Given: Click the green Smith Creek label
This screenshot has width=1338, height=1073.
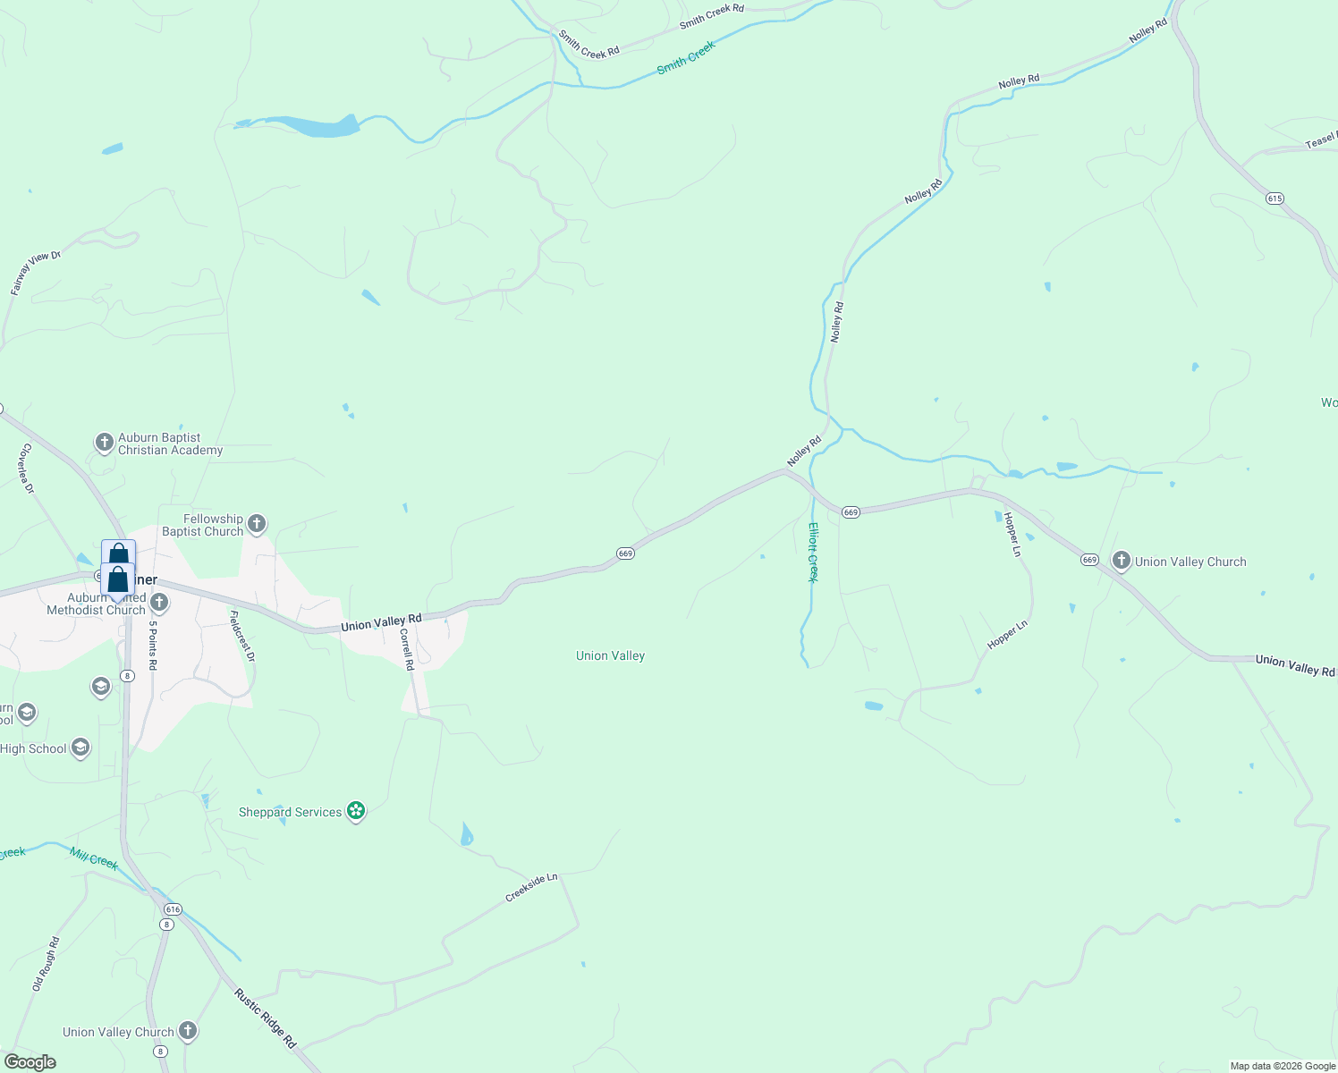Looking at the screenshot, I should click(x=686, y=57).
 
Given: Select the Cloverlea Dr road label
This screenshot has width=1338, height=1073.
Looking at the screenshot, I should click(x=27, y=469).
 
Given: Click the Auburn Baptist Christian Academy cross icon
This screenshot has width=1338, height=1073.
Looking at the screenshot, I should click(x=105, y=443).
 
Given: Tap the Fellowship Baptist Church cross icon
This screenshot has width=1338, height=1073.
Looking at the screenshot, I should click(x=257, y=524).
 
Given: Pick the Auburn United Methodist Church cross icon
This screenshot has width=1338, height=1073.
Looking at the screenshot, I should click(x=159, y=603).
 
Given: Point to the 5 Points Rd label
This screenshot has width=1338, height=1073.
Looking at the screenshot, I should click(x=153, y=646).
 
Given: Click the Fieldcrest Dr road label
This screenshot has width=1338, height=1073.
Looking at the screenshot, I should click(x=242, y=636).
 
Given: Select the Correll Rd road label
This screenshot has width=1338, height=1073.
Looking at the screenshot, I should click(x=407, y=649).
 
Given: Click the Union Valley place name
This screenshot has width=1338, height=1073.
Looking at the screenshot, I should click(x=610, y=655).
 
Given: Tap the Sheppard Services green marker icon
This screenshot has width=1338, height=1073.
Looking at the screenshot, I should click(x=356, y=811).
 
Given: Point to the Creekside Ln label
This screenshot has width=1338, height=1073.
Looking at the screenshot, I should click(x=531, y=888).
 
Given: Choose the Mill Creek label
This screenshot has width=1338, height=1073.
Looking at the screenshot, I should click(x=94, y=859).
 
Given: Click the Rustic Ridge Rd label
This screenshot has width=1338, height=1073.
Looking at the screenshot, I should click(x=265, y=1018).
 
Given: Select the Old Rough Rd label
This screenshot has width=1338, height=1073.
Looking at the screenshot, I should click(x=46, y=963).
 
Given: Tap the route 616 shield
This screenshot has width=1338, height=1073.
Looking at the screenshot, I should click(x=173, y=909).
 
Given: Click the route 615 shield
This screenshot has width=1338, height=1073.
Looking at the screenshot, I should click(x=1275, y=198).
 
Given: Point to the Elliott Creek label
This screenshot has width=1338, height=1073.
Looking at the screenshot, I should click(x=813, y=552).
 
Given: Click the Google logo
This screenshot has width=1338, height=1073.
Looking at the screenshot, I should click(x=30, y=1062).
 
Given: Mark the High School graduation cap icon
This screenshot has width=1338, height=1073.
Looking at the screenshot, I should click(x=80, y=748).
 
